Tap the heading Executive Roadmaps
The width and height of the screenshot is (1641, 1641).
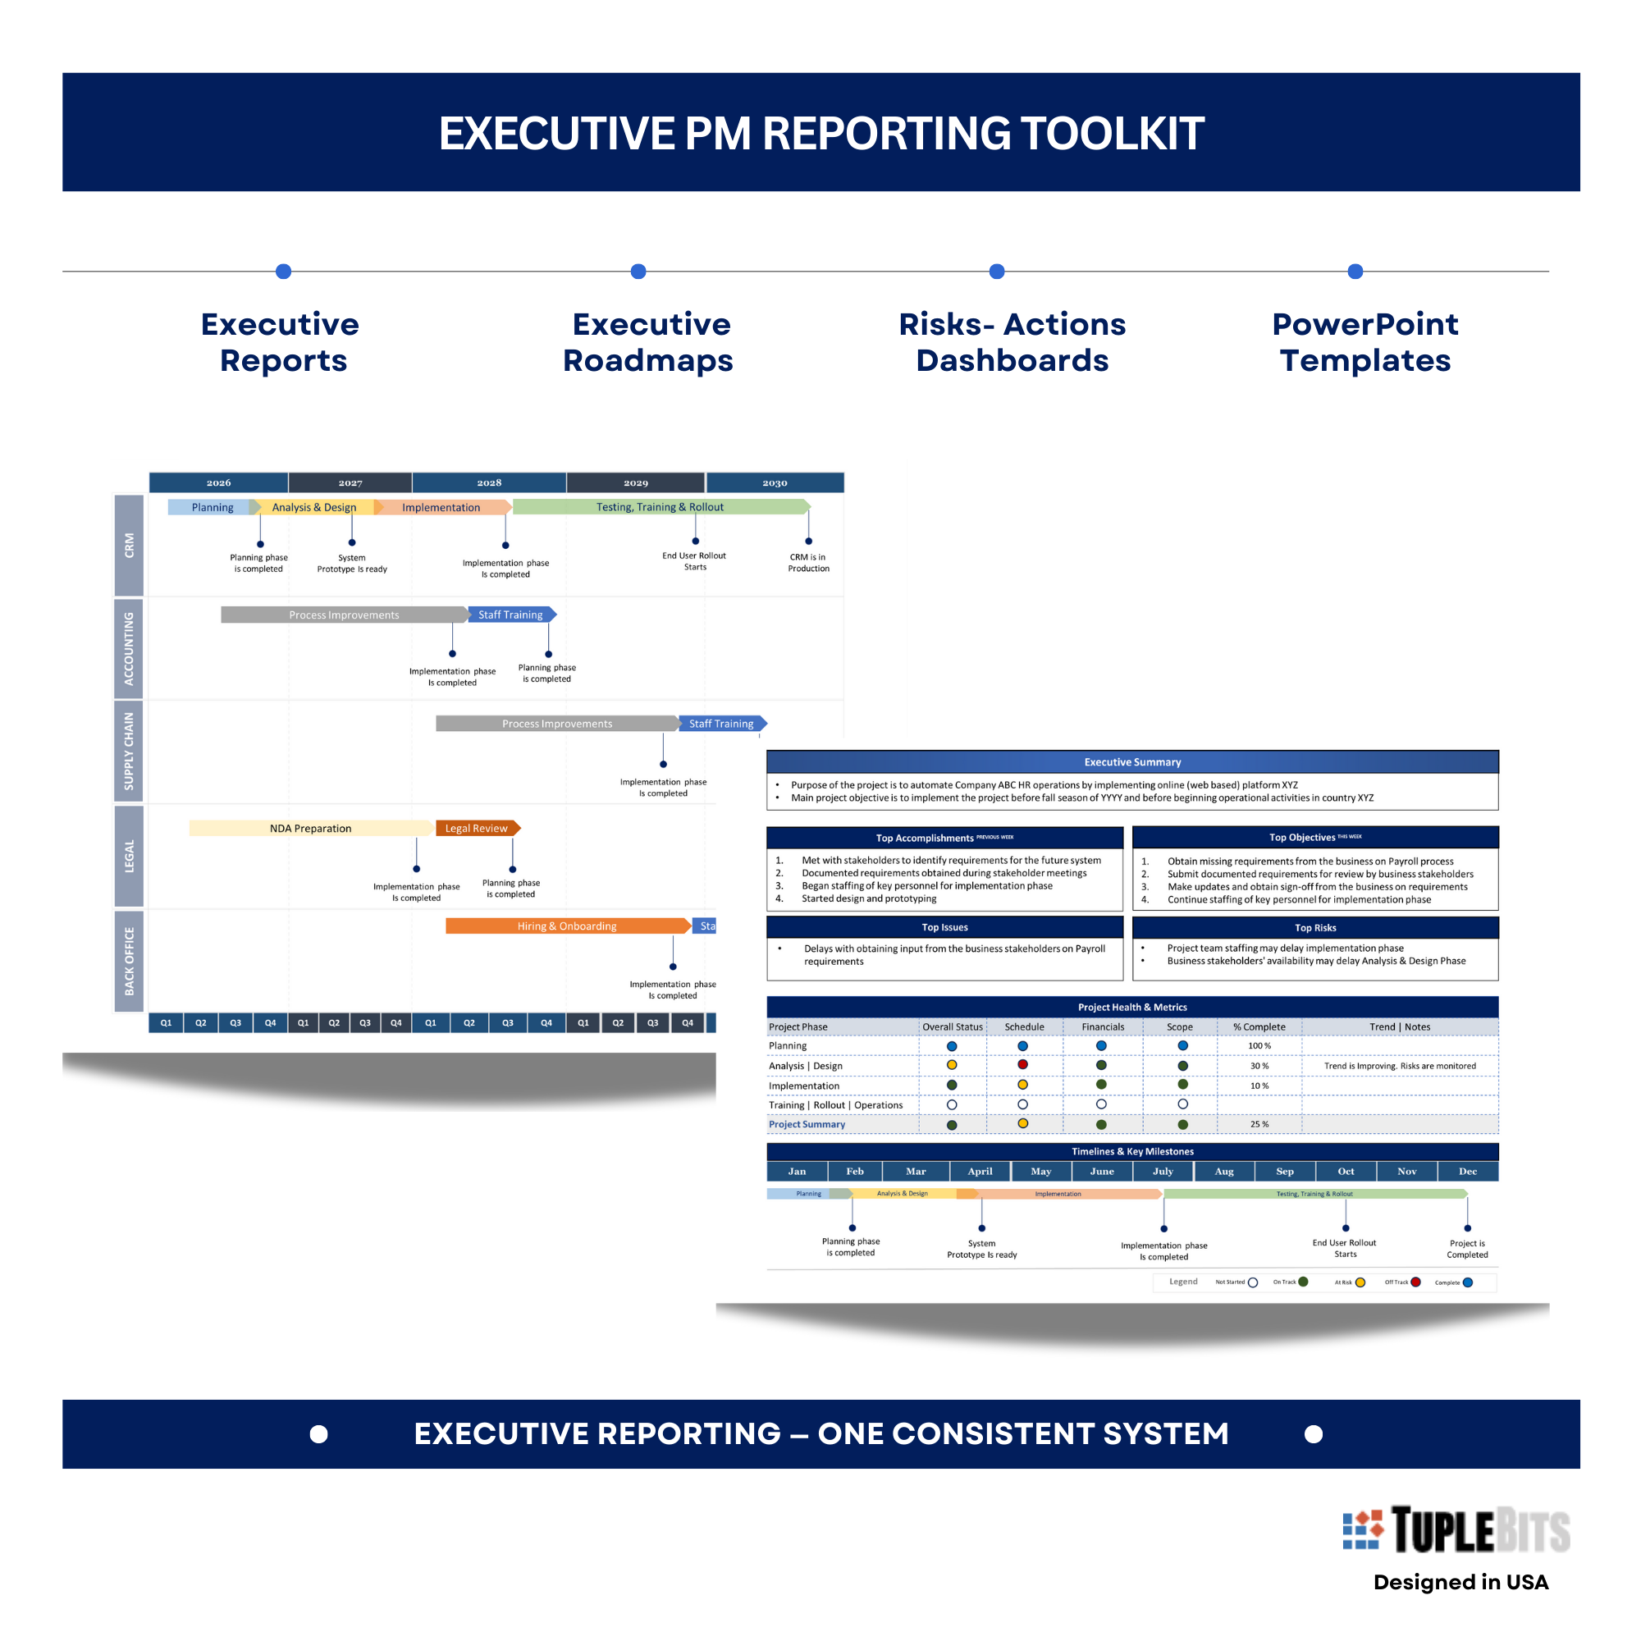tap(648, 342)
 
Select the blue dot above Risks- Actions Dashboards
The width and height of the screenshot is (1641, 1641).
tap(997, 272)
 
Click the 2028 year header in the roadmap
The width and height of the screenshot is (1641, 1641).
tap(489, 482)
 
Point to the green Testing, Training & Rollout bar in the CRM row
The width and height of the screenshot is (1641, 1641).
tap(660, 507)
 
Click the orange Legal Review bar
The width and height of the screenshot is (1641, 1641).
tap(477, 828)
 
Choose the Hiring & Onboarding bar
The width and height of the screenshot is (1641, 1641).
tap(566, 926)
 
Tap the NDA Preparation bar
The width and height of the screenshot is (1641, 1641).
tap(311, 828)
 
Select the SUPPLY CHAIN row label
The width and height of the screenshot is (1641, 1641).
tap(129, 751)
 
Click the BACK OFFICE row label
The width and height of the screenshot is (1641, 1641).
tap(129, 961)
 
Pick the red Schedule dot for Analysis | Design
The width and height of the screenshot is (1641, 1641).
tap(1022, 1064)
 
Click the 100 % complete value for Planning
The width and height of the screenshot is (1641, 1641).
tap(1259, 1045)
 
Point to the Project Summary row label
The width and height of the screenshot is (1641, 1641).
tap(807, 1124)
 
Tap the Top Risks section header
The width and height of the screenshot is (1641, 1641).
tap(1314, 927)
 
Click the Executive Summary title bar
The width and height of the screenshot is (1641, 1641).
tap(1132, 762)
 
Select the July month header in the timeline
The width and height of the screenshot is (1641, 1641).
tap(1163, 1172)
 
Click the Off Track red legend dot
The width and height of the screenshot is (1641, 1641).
tap(1416, 1282)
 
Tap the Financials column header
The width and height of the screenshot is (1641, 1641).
tap(1103, 1027)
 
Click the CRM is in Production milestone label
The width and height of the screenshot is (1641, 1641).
tap(807, 562)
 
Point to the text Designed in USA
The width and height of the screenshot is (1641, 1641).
tap(1461, 1582)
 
